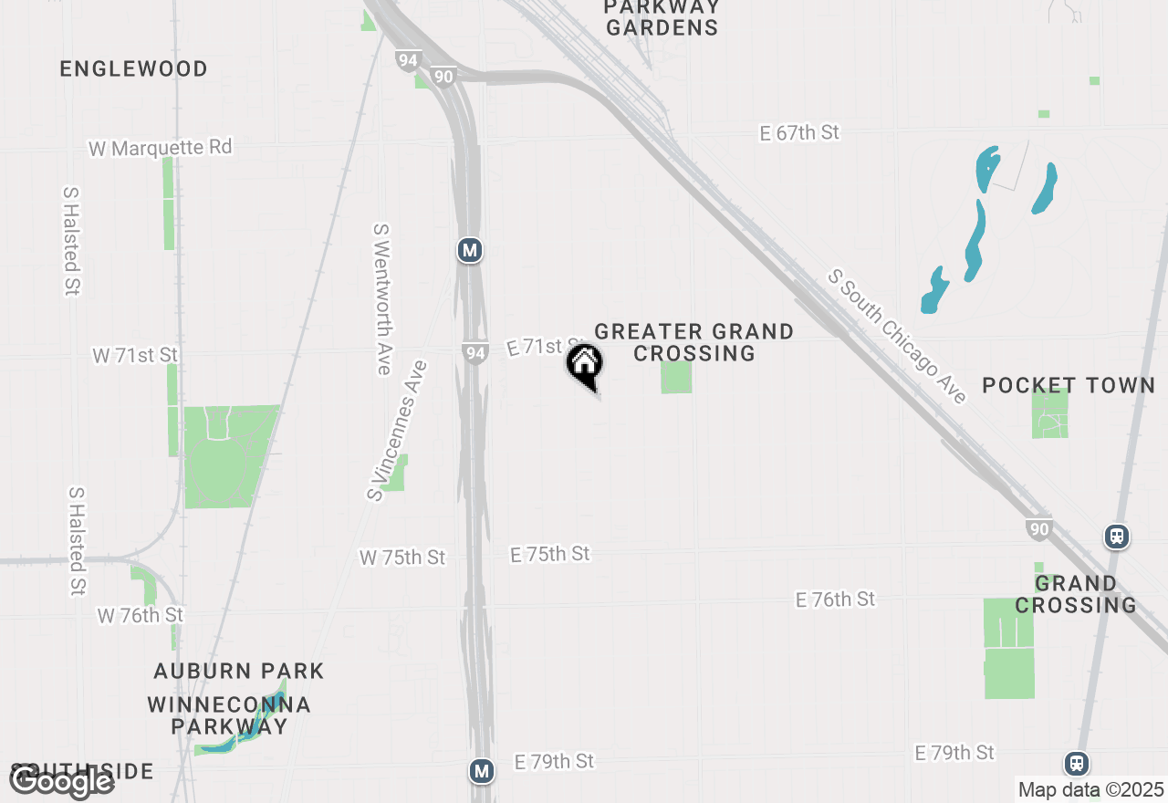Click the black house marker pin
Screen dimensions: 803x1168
585,365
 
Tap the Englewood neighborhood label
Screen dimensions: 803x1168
134,68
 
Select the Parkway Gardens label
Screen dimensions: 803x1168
662,17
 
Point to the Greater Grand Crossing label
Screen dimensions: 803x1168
693,342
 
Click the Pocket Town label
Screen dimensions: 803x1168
1069,385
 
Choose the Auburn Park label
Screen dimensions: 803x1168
239,671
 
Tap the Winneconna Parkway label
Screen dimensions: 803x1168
229,715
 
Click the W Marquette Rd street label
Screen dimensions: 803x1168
161,147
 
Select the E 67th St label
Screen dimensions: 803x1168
799,133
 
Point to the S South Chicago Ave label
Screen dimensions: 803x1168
897,337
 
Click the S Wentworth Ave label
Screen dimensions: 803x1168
382,299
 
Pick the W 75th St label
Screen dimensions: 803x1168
402,557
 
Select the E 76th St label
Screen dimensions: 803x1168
835,600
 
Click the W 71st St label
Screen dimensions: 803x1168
135,355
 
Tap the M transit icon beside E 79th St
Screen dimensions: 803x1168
482,771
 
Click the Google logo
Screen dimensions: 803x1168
61,781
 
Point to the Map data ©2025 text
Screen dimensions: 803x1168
1090,789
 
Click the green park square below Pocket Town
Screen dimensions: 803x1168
1050,413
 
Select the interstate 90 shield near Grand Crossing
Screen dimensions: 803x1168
1039,528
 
